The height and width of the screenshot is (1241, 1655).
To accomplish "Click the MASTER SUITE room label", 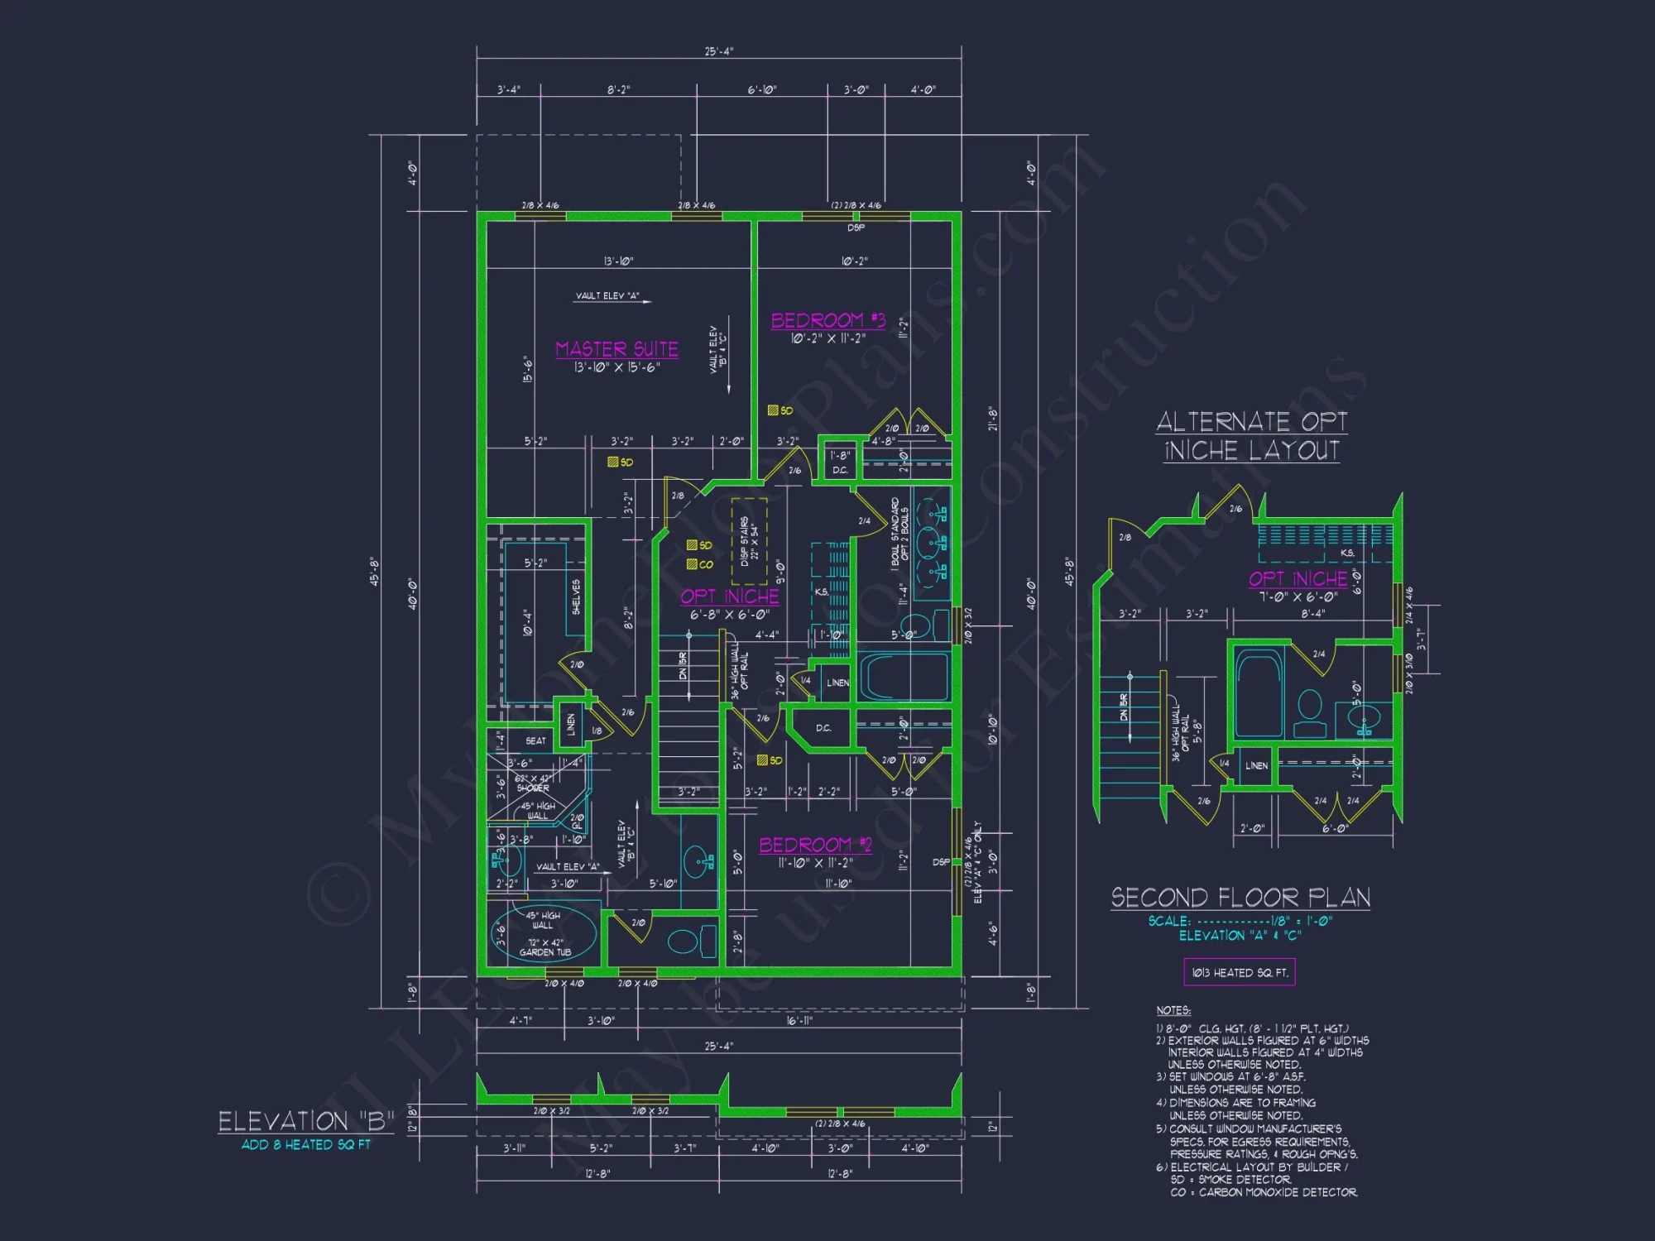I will click(x=616, y=349).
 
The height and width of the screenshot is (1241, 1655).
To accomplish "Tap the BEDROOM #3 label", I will click(x=827, y=320).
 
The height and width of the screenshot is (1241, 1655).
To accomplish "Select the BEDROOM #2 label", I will click(x=815, y=845).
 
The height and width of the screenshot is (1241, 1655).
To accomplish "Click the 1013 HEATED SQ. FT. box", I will click(x=1239, y=972).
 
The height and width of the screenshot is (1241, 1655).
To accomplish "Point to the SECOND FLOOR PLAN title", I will click(x=1240, y=898).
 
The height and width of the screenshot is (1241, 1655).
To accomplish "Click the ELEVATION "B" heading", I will click(x=305, y=1122).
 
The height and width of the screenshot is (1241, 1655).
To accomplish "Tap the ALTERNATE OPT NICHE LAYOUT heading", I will click(x=1251, y=436).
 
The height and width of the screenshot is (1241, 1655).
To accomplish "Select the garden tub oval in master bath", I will click(x=544, y=935).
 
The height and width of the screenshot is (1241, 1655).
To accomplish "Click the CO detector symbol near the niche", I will click(x=692, y=564).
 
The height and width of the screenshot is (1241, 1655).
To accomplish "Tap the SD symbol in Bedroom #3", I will click(x=773, y=410).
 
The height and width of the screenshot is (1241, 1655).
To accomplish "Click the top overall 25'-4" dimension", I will click(x=718, y=51).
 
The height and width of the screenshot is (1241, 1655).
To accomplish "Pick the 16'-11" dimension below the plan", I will click(x=799, y=1021).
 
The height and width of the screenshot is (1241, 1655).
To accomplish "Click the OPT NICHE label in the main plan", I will click(x=729, y=597).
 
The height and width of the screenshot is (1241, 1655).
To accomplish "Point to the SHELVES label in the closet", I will click(x=576, y=597).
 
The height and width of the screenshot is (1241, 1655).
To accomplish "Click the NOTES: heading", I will click(x=1173, y=1010).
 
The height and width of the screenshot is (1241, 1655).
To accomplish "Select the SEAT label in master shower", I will click(x=535, y=740).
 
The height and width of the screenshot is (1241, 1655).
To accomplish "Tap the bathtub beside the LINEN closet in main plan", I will click(x=903, y=677).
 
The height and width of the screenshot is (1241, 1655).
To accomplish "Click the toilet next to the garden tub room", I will click(x=684, y=942).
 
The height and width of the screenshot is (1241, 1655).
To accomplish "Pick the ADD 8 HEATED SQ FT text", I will click(x=305, y=1145).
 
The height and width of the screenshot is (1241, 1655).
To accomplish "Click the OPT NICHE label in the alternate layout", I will click(x=1298, y=578).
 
